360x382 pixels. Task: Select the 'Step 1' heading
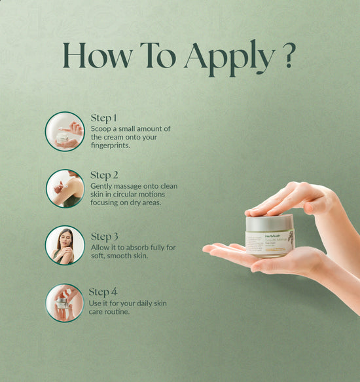tap(103, 119)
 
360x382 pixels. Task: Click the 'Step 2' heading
tap(104, 176)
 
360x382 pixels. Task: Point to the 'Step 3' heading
tap(105, 237)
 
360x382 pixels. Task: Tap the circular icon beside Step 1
tap(65, 131)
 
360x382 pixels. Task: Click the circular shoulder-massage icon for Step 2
tap(65, 188)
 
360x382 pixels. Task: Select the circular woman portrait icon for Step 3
tap(65, 245)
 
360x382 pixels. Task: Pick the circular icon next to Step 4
tap(65, 302)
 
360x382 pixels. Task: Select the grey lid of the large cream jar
tap(270, 223)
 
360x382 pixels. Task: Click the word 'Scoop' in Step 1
tap(101, 129)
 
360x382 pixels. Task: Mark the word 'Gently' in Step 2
tap(103, 186)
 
